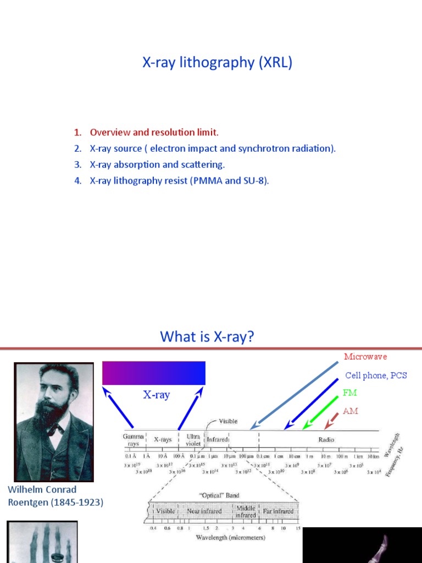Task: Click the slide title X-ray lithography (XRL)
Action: pos(217,63)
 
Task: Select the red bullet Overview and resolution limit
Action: pos(154,132)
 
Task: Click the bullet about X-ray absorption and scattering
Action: pos(157,164)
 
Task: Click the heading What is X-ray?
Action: pos(207,336)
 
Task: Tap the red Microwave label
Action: pos(365,357)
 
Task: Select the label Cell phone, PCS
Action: pos(376,376)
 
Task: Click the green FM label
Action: pos(350,393)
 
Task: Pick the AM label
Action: pos(350,411)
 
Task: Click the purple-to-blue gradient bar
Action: pos(154,373)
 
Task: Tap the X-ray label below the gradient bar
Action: pos(157,395)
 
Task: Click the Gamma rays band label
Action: pos(134,439)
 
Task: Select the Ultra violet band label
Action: pos(193,439)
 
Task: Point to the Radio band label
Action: pos(326,439)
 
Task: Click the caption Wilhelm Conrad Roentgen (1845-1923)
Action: pos(55,495)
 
